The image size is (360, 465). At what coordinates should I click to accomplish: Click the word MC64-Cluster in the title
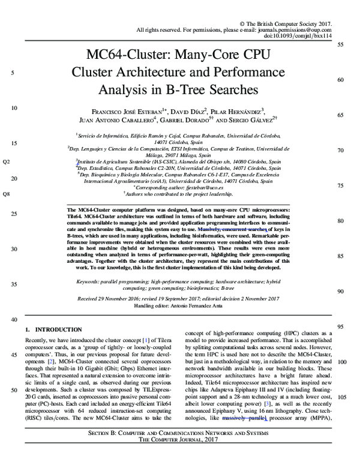(x=127, y=55)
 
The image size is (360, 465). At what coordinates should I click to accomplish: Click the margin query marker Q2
(x=7, y=162)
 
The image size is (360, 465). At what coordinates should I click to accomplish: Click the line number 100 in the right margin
(x=342, y=362)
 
